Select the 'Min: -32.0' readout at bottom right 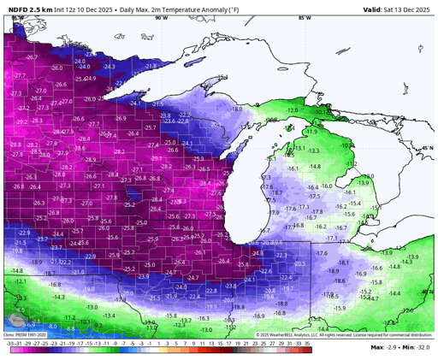point(416,347)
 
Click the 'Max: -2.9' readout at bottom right point(384,347)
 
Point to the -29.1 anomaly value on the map point(157,158)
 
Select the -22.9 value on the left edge point(23,233)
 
